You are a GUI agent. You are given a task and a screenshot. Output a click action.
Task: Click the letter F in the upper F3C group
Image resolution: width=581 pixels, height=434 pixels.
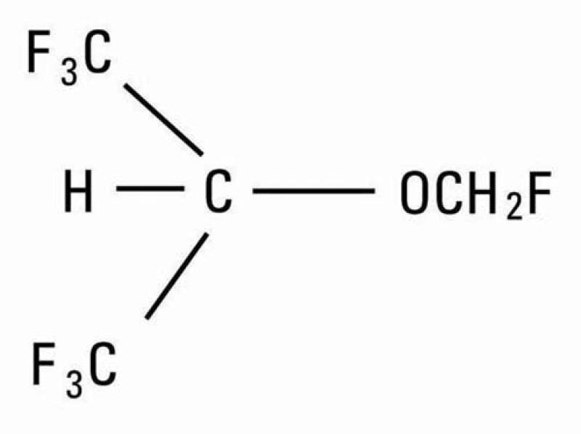point(39,52)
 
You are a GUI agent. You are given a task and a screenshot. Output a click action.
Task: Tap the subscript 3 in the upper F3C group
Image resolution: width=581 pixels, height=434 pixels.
point(69,73)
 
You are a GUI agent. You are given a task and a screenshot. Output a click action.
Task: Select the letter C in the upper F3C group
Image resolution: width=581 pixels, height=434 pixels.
point(97,52)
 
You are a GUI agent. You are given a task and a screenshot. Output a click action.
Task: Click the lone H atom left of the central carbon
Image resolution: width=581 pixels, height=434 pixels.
point(78,190)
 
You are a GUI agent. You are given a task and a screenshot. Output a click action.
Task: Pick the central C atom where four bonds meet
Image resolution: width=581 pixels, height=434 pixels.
point(219,190)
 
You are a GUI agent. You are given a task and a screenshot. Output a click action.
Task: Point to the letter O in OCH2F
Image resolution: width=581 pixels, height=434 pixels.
point(415,193)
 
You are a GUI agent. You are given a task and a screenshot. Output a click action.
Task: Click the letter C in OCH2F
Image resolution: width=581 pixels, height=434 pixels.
point(450,193)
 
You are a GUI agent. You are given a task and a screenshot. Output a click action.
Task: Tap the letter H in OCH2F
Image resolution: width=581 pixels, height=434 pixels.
point(482,193)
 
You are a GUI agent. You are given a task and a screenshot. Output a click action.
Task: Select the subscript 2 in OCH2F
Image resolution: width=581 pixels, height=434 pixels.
point(514,208)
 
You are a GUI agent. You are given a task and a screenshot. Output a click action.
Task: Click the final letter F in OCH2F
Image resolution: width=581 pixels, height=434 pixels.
point(540,193)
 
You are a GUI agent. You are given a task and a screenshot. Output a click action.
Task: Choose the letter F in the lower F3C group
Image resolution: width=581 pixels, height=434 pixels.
point(44,364)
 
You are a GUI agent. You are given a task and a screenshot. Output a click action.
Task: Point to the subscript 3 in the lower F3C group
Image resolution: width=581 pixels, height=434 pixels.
point(74,386)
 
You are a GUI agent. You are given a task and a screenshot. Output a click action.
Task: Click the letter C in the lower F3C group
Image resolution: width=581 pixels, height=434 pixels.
point(103,364)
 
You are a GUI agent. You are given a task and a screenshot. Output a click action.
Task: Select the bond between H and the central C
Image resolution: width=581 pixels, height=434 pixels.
point(150,189)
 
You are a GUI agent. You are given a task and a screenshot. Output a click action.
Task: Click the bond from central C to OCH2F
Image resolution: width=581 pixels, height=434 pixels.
point(314,191)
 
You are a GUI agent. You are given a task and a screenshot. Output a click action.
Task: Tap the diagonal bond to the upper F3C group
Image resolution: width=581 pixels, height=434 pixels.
point(163,119)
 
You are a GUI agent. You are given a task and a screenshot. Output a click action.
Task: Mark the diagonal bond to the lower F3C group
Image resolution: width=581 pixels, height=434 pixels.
point(176,276)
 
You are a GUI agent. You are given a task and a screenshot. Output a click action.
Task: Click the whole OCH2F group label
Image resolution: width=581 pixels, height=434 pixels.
point(476,195)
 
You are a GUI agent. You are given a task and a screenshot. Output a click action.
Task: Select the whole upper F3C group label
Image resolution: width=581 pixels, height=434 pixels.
point(70,57)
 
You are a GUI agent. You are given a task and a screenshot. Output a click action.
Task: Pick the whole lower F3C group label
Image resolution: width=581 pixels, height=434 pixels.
point(75,370)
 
